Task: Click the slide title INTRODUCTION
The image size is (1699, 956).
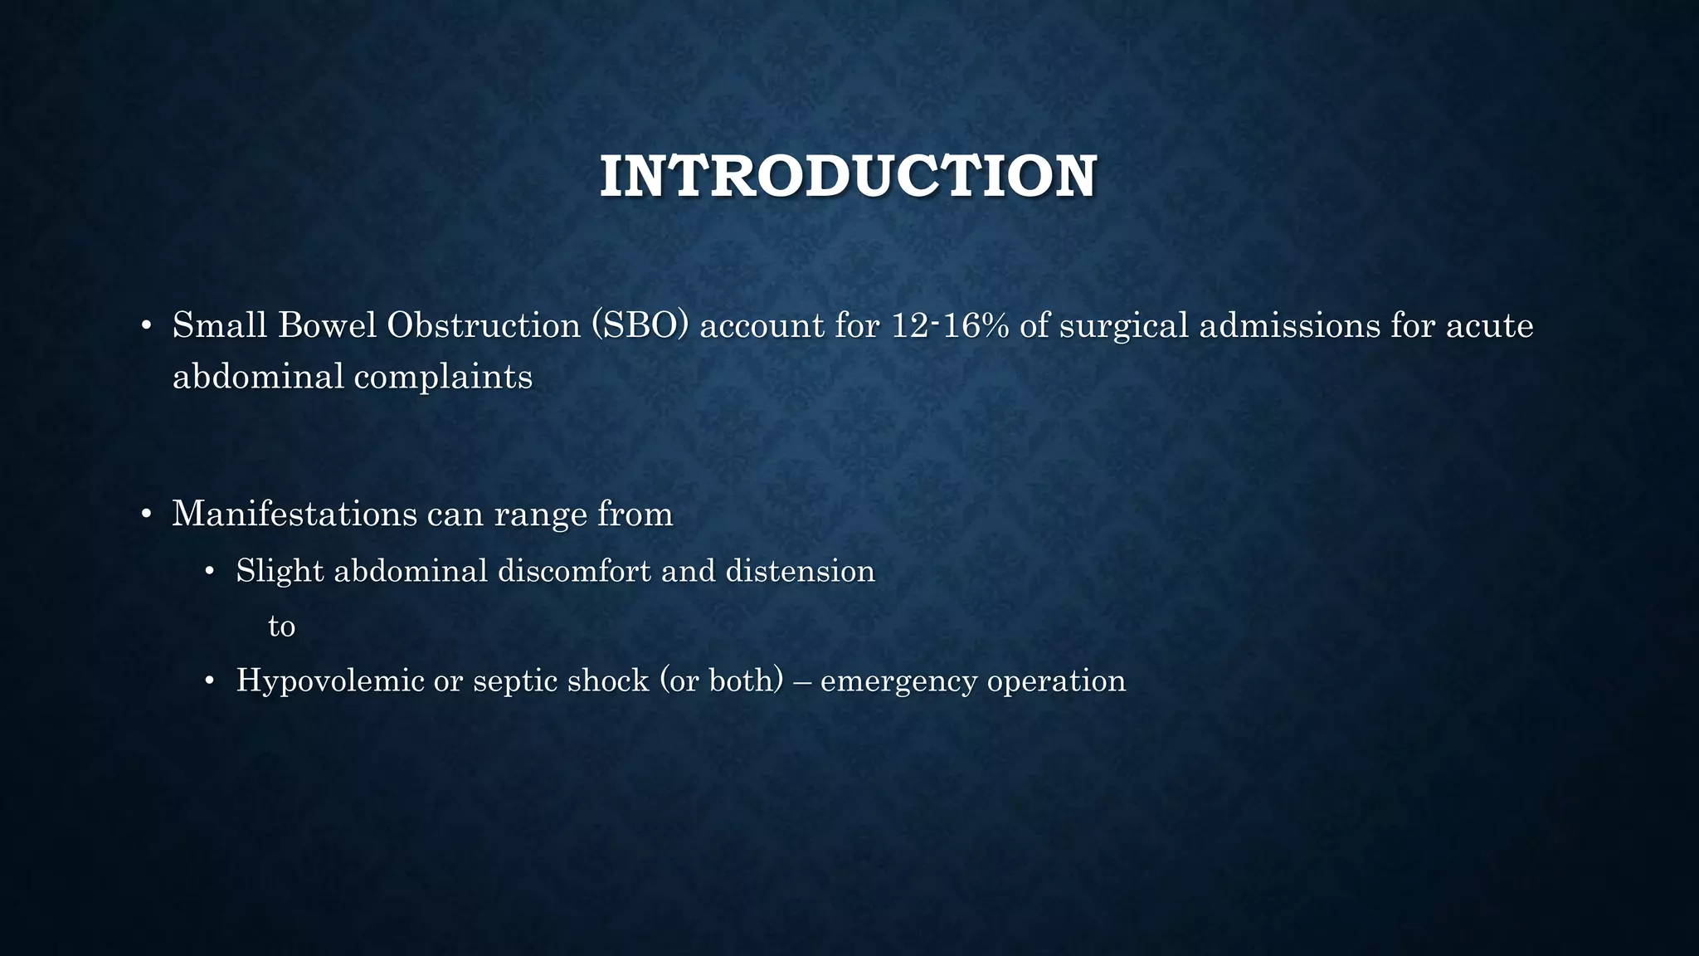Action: click(x=848, y=176)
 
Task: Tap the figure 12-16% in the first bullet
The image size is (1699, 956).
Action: click(x=950, y=325)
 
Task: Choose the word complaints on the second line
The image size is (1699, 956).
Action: click(x=443, y=378)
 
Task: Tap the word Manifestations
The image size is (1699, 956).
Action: click(x=295, y=514)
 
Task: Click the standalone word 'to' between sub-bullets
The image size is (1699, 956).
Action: click(x=281, y=626)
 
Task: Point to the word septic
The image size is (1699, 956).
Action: click(x=514, y=681)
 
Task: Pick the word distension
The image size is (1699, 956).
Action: click(x=800, y=571)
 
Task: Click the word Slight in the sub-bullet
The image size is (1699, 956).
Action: click(x=280, y=571)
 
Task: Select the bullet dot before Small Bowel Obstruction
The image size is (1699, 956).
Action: click(x=145, y=326)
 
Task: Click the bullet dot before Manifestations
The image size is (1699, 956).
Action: click(x=145, y=515)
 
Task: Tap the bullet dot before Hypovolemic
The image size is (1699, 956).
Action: click(x=209, y=681)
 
